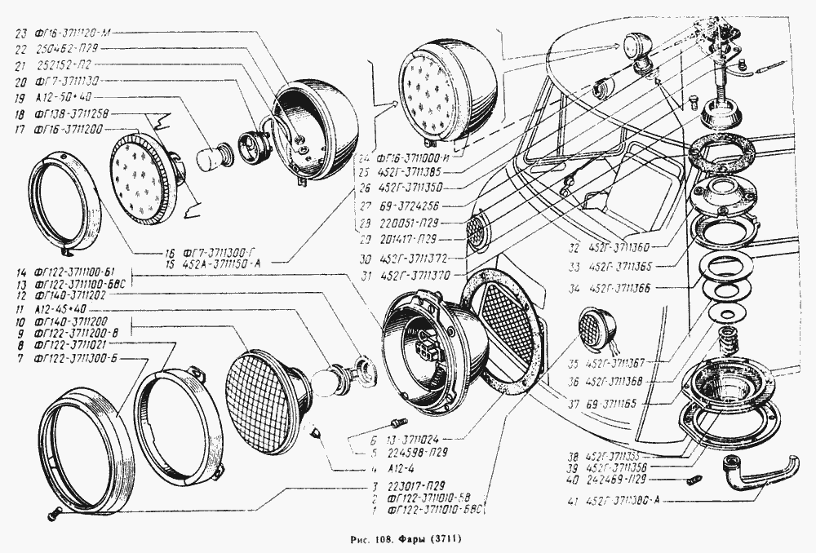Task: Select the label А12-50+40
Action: coord(58,97)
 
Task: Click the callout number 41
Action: coord(575,500)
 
